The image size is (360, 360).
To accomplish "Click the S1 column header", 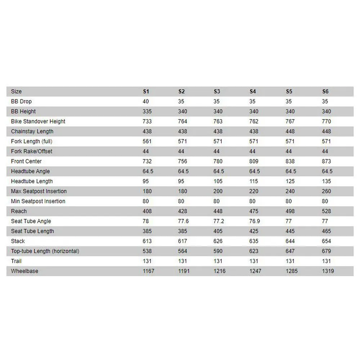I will click(146, 91).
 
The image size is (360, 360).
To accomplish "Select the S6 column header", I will click(325, 91).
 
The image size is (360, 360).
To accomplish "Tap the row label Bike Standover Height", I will click(38, 121).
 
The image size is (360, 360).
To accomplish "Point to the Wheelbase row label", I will click(24, 271).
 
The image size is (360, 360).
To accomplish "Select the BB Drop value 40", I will click(146, 102).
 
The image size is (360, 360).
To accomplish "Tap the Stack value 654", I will click(327, 241).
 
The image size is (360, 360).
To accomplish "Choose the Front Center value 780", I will click(218, 161).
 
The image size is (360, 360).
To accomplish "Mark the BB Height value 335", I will click(147, 112).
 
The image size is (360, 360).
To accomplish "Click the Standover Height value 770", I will click(327, 121).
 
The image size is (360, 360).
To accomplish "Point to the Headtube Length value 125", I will click(290, 181).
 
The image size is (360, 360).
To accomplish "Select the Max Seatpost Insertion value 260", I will click(327, 191).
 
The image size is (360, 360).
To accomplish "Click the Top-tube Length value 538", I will click(147, 251).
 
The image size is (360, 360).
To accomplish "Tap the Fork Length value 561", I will click(147, 141).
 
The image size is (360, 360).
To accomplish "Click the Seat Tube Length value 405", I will click(218, 231).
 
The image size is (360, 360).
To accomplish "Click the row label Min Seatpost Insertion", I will click(38, 201).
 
